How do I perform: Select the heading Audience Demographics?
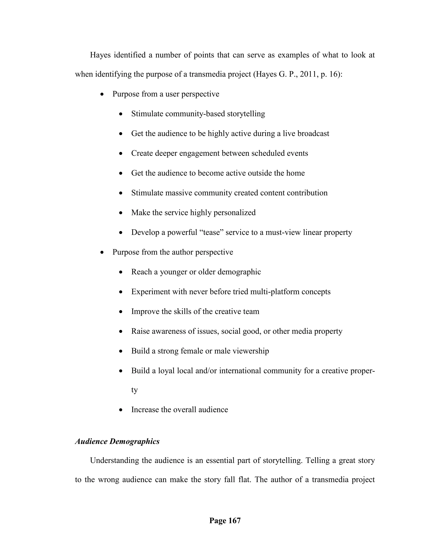pos(117,441)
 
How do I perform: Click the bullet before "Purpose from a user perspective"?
pos(102,94)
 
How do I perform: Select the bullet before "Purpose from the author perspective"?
pos(102,252)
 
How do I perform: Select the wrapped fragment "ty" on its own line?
pos(134,390)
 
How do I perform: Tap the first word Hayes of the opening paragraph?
pos(100,55)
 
